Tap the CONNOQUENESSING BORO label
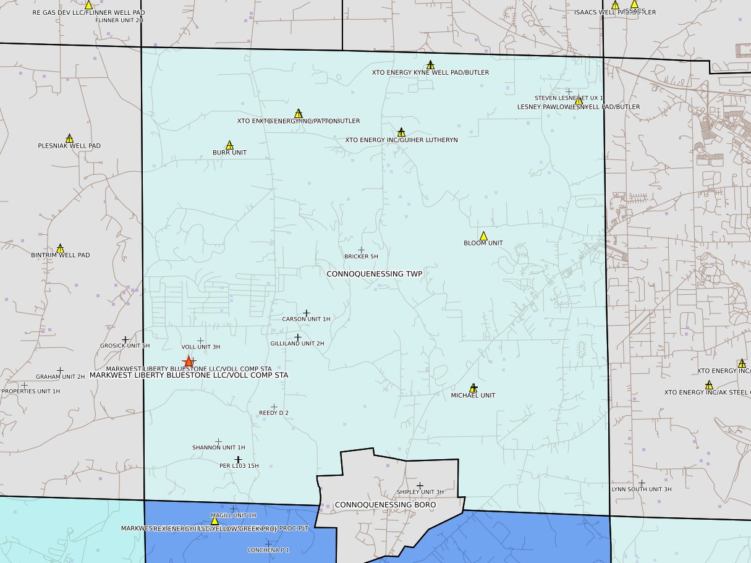pos(385,505)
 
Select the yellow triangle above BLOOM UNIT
pos(483,235)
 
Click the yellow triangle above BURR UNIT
pos(229,145)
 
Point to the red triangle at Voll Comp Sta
pos(189,361)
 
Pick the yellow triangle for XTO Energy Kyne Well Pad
pos(430,65)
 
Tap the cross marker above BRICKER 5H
pos(361,250)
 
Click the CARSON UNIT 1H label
pos(306,320)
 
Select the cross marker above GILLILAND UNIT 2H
pos(297,337)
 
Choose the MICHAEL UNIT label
pos(473,396)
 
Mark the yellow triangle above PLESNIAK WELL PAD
pos(69,138)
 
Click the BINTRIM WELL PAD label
pos(61,255)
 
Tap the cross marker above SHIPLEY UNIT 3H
pos(420,485)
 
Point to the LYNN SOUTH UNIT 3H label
pos(642,489)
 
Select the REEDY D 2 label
pos(274,413)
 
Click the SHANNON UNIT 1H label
pos(218,447)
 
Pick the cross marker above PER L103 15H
pos(238,459)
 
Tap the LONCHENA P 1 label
pos(268,550)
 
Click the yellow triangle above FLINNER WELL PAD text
pos(88,4)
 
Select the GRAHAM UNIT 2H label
pos(60,377)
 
